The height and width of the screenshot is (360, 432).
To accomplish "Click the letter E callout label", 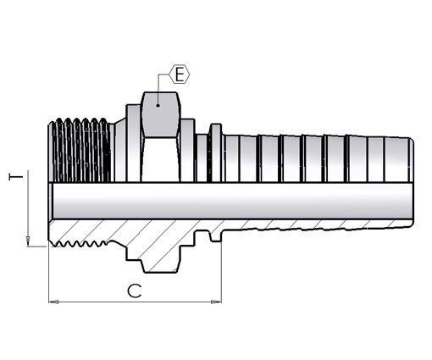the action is (180, 75).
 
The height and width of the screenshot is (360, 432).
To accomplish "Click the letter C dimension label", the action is (135, 291).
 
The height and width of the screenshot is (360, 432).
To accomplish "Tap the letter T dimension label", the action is (16, 177).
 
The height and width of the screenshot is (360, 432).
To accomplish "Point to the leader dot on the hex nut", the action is (158, 106).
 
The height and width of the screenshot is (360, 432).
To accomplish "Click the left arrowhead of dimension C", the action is (53, 302).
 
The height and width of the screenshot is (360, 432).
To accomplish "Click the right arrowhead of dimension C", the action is (216, 302).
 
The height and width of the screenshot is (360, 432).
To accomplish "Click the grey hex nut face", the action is (160, 114).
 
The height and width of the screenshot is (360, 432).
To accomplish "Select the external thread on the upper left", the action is (80, 151).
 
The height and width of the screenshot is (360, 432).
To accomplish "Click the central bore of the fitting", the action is (231, 201).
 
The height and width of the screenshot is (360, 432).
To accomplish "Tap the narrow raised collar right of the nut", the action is (216, 152).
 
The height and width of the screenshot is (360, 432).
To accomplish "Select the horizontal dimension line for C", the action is (135, 302).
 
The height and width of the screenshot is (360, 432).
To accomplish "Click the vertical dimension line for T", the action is (28, 208).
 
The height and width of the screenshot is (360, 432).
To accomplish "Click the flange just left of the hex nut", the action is (133, 143).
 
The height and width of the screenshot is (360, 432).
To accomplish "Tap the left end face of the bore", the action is (51, 201).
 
